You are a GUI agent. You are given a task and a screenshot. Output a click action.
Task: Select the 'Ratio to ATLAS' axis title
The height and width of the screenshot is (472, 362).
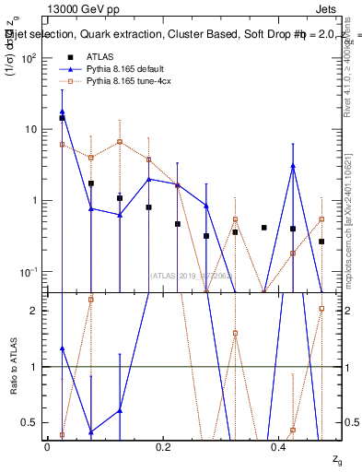tap(12, 367)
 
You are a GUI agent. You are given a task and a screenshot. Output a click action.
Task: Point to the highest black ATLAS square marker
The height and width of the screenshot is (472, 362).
tap(62, 118)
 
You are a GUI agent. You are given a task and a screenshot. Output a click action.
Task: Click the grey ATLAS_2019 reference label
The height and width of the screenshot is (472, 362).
tap(189, 275)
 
